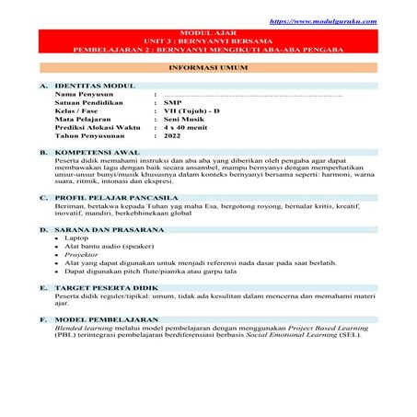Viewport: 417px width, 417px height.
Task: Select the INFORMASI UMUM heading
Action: coord(207,68)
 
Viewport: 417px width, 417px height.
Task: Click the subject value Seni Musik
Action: coord(181,119)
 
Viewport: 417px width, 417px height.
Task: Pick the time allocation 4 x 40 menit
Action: coord(185,127)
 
